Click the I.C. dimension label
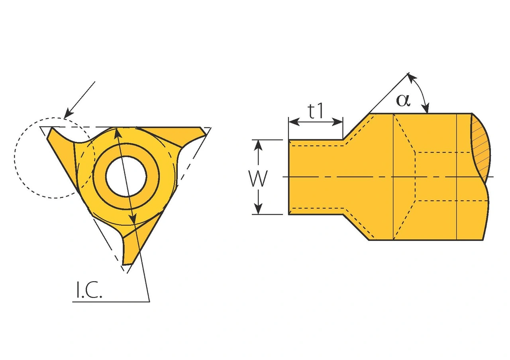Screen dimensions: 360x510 click(89, 291)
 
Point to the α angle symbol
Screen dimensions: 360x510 click(402, 100)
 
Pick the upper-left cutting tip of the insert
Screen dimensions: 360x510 click(51, 131)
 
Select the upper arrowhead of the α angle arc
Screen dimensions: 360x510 click(412, 77)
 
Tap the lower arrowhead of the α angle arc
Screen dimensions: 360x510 click(427, 109)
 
